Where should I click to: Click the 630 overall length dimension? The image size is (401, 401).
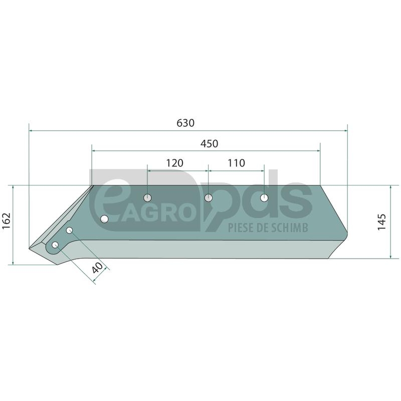(185, 123)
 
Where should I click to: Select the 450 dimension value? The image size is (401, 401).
(209, 144)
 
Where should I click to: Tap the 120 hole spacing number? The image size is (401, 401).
(174, 163)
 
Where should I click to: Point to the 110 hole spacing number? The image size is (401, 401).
(236, 163)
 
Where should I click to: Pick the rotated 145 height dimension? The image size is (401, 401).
(381, 222)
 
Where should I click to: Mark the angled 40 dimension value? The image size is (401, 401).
(97, 268)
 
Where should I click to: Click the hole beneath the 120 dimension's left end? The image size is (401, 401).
(147, 197)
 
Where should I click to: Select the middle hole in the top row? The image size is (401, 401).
(209, 197)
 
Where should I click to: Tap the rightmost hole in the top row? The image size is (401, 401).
(264, 197)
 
